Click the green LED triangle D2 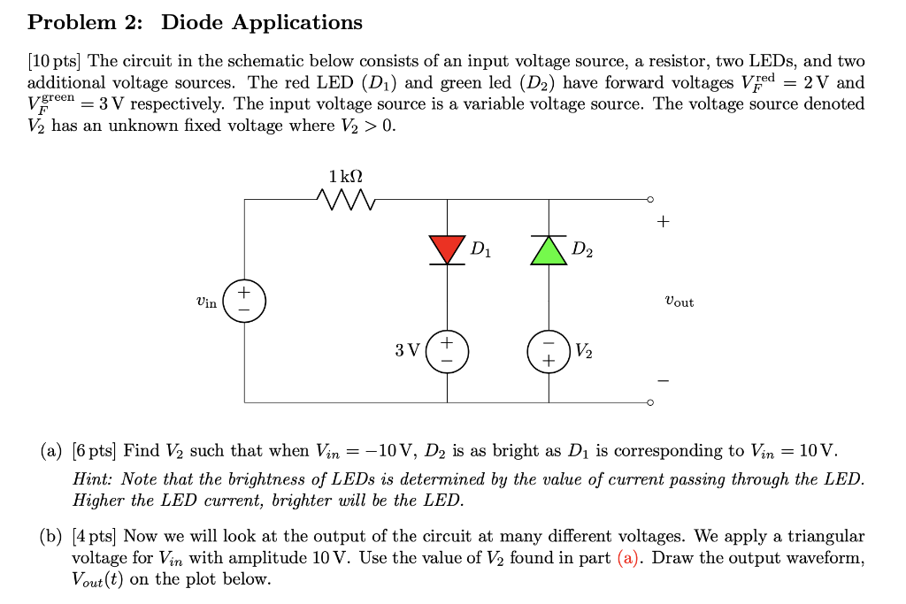pos(549,251)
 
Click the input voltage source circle pos(244,301)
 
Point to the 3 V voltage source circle pos(447,351)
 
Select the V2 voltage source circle pos(549,351)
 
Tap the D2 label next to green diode pos(582,251)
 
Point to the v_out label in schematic pos(679,302)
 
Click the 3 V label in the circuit pos(407,351)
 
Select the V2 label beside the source pos(584,351)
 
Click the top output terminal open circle pos(651,200)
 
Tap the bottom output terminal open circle pos(651,402)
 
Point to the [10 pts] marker pos(55,62)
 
